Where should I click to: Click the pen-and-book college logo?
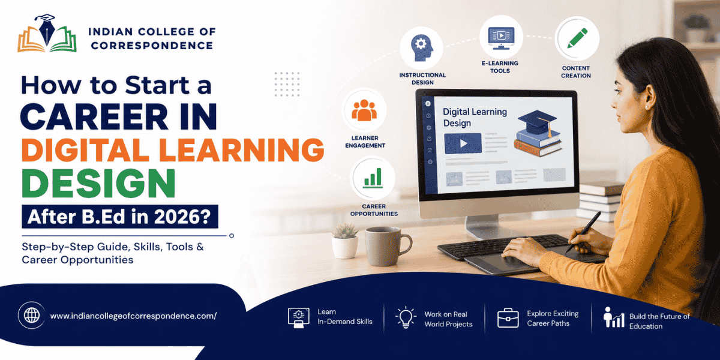[47, 33]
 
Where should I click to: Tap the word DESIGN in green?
[98, 183]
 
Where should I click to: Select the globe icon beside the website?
[31, 316]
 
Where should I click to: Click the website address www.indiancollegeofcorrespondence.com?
[133, 316]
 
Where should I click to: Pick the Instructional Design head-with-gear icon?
[421, 48]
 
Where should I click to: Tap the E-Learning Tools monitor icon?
[501, 38]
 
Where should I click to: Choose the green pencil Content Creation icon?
[577, 38]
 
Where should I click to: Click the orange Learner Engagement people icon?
[364, 110]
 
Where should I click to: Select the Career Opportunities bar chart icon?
[373, 178]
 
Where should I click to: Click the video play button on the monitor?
[463, 143]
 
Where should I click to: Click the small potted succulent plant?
[345, 241]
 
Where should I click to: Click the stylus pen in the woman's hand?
[583, 232]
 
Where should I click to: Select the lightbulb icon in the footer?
[406, 317]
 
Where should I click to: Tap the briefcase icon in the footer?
[508, 318]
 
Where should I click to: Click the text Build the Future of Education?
[659, 321]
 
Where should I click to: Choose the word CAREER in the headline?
[94, 116]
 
